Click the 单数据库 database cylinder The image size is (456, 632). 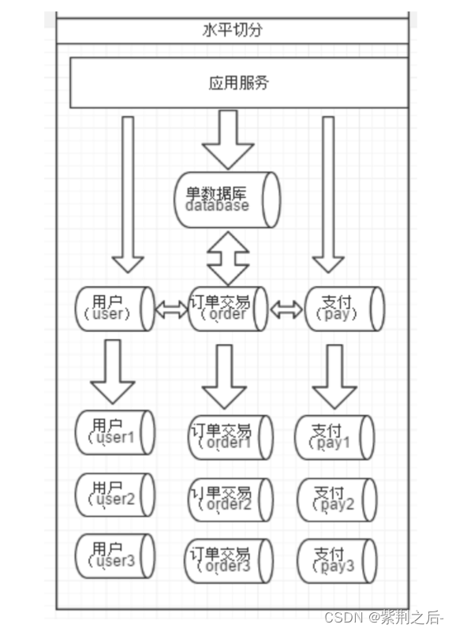(227, 197)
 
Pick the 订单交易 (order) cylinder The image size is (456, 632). (228, 309)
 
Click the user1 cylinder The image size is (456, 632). (115, 432)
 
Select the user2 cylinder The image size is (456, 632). (115, 495)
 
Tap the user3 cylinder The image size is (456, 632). (115, 555)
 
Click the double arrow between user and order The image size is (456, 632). (171, 310)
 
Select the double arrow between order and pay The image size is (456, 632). (286, 310)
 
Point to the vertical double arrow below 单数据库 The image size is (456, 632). (228, 258)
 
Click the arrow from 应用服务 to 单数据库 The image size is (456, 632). (228, 139)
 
